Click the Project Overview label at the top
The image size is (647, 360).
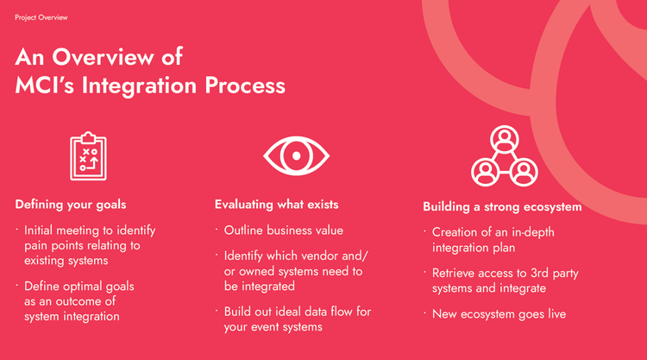[x=41, y=17]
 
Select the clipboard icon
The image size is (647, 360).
[x=89, y=156]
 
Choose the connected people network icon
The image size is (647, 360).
[x=502, y=157]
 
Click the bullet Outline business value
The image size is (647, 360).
[x=284, y=231]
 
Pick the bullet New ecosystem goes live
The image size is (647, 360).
[x=499, y=314]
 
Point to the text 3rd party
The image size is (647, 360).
[x=562, y=274]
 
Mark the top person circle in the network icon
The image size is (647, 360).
[x=502, y=138]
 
